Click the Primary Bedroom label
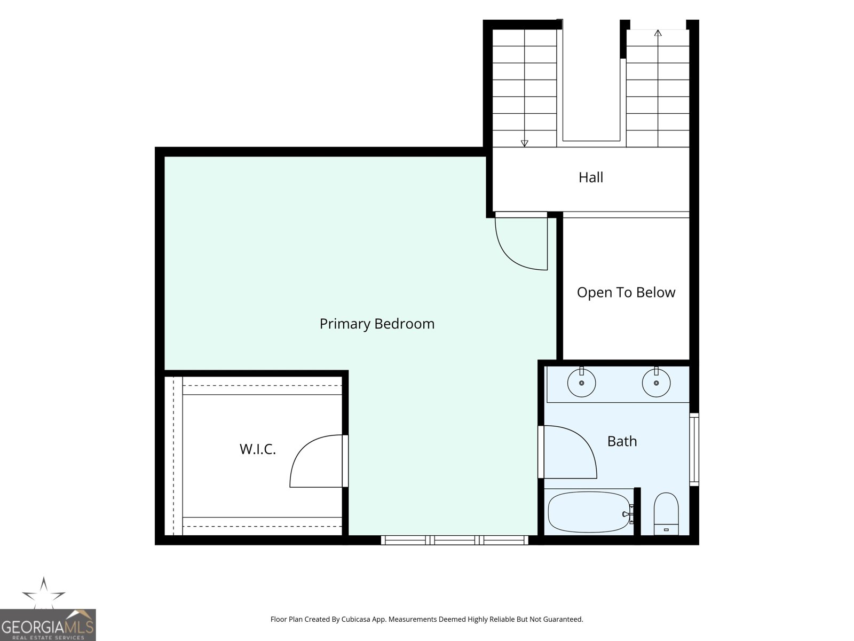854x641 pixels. click(x=377, y=324)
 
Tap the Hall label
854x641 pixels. click(x=591, y=177)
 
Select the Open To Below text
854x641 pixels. click(x=626, y=292)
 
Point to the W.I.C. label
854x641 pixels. click(x=258, y=449)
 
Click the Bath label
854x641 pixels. click(x=622, y=441)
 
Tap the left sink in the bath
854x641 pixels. click(x=581, y=383)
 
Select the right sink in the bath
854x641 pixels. click(x=656, y=383)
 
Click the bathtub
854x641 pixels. click(x=589, y=512)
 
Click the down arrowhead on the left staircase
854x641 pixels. click(x=524, y=143)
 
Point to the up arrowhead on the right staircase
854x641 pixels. click(x=658, y=33)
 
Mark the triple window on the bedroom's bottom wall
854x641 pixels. click(x=454, y=540)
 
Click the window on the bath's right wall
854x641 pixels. click(x=694, y=450)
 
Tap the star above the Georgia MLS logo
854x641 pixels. click(x=44, y=593)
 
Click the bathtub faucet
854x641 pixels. click(x=628, y=514)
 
